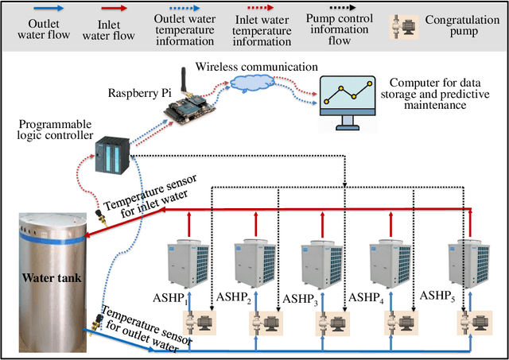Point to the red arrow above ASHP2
pos(256,226)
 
